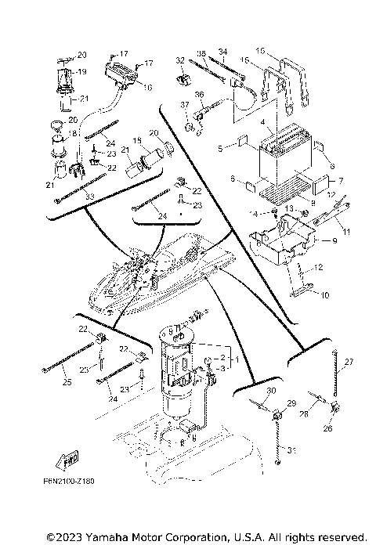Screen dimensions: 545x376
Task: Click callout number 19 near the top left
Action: (82, 70)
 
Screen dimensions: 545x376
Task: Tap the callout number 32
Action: (179, 60)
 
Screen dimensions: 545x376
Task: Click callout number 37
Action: (186, 104)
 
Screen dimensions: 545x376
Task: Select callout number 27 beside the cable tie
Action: (349, 361)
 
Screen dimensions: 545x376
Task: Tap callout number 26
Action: (327, 428)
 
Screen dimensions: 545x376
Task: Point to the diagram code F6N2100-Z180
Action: (68, 482)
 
